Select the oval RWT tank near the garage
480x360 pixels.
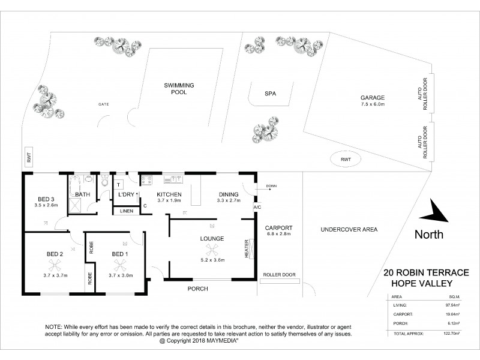pyautogui.click(x=344, y=160)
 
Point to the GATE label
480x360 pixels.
pyautogui.click(x=103, y=104)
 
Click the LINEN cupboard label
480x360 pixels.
pyautogui.click(x=127, y=211)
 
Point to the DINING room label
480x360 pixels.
pyautogui.click(x=228, y=194)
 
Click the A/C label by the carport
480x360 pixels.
pyautogui.click(x=257, y=208)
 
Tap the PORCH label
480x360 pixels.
pyautogui.click(x=198, y=289)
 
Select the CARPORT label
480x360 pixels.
pyautogui.click(x=278, y=228)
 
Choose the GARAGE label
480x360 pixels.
pyautogui.click(x=372, y=98)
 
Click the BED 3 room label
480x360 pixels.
pyautogui.click(x=46, y=199)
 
